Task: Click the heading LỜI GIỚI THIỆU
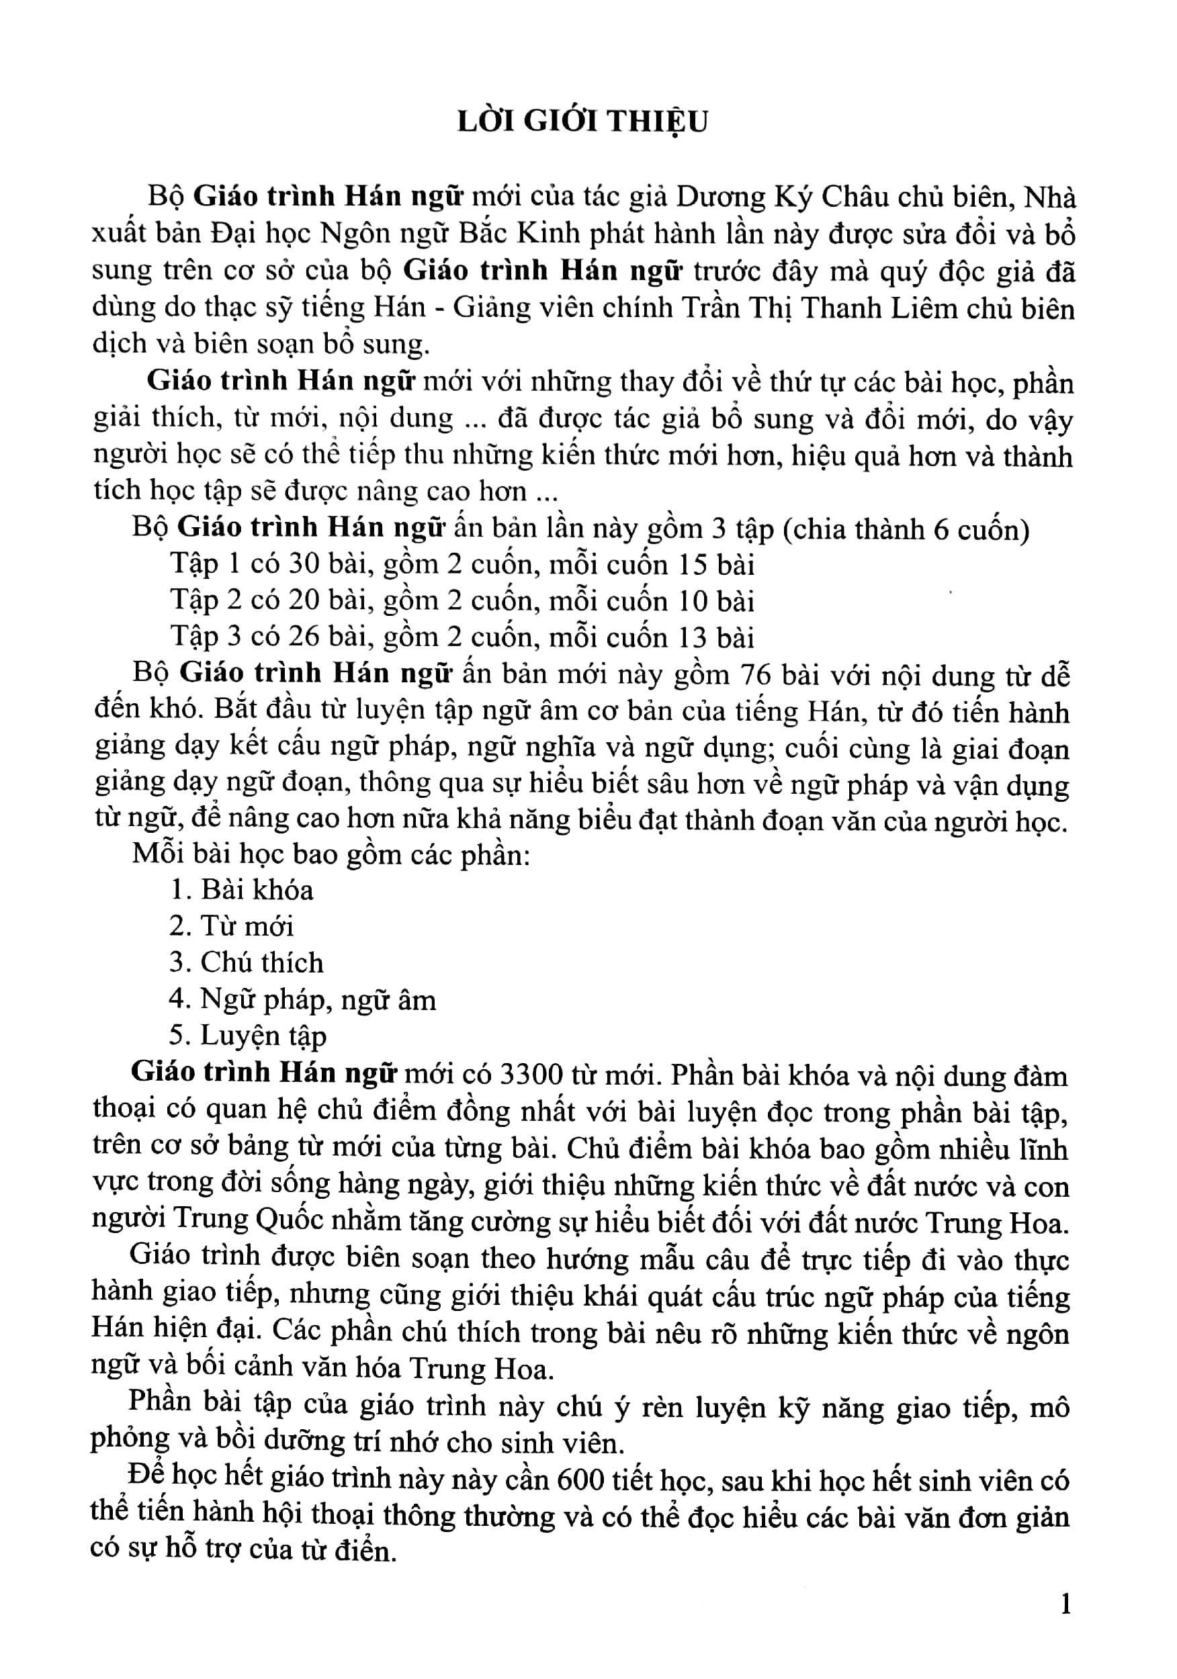pos(582,122)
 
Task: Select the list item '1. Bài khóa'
pos(241,890)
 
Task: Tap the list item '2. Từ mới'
pos(231,927)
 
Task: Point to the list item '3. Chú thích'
pos(246,963)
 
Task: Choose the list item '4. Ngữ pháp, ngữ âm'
pos(302,999)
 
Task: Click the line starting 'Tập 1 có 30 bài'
pos(462,565)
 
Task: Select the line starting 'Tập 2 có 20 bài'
pos(462,601)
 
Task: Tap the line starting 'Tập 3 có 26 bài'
pos(462,637)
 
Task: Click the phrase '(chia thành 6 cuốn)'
pos(906,529)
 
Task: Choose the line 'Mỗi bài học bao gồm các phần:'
pos(331,854)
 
